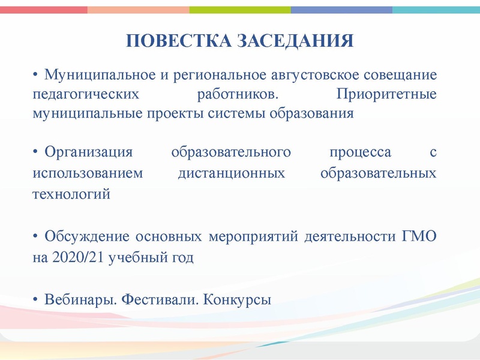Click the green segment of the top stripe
pyautogui.click(x=240, y=10)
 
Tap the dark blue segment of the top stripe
pyautogui.click(x=341, y=10)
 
